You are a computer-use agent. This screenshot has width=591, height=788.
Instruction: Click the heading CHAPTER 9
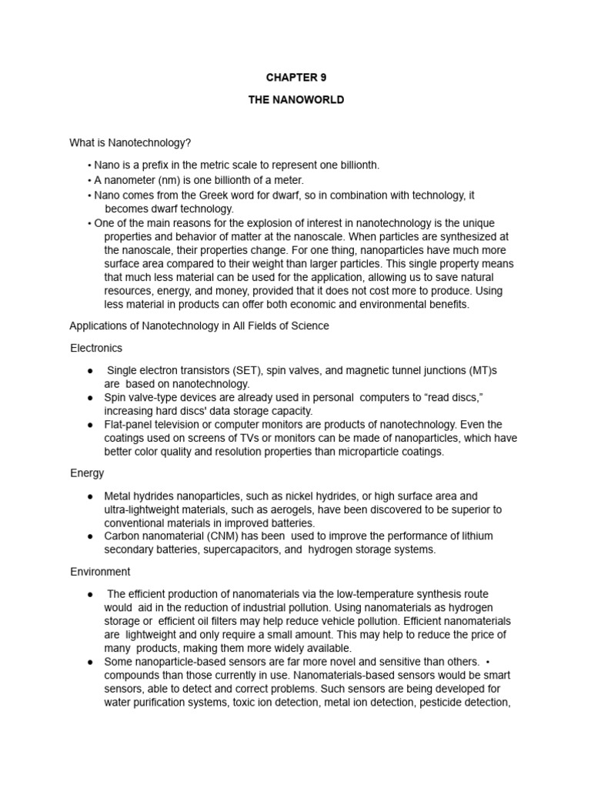290,78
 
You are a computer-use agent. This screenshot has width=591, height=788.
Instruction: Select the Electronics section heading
96,348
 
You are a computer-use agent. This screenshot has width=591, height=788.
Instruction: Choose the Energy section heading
87,472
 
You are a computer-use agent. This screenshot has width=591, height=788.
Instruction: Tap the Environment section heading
100,572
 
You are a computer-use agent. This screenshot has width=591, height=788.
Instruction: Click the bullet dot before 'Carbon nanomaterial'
91,536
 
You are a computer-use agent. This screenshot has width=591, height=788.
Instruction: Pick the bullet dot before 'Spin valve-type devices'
91,397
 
